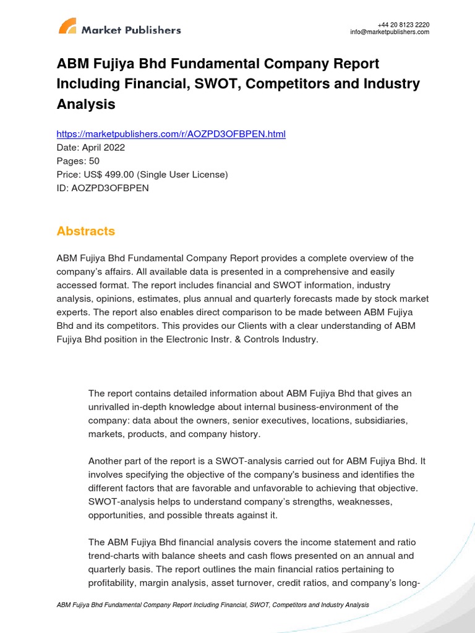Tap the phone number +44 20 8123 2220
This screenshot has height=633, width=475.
403,25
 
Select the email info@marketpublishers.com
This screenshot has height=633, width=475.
390,32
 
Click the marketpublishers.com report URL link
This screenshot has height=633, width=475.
171,134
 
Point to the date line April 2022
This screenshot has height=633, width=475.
90,148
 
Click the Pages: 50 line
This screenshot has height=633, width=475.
78,161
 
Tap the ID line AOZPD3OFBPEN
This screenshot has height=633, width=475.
103,188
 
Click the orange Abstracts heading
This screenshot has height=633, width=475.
85,231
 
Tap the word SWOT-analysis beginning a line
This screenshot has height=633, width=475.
119,501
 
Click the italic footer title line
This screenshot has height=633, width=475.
212,605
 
